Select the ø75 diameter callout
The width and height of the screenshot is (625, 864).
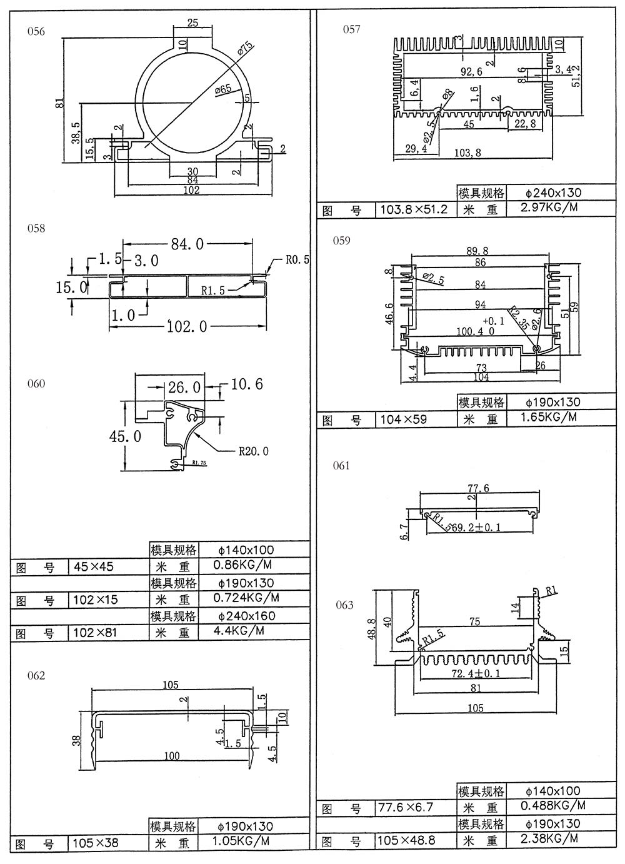pyautogui.click(x=244, y=48)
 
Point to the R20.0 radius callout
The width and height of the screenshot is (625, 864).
pyautogui.click(x=254, y=451)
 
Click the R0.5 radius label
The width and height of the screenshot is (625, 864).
pyautogui.click(x=297, y=259)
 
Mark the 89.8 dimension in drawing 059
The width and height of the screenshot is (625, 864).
pyautogui.click(x=477, y=251)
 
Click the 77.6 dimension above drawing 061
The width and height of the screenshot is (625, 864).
pyautogui.click(x=477, y=488)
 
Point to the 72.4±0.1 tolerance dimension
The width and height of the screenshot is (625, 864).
pyautogui.click(x=477, y=675)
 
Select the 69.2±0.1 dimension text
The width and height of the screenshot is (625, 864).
pyautogui.click(x=480, y=528)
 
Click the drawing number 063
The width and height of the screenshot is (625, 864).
pyautogui.click(x=344, y=605)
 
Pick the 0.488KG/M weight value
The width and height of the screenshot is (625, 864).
pyautogui.click(x=553, y=805)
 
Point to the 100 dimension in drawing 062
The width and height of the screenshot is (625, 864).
pyautogui.click(x=172, y=756)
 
